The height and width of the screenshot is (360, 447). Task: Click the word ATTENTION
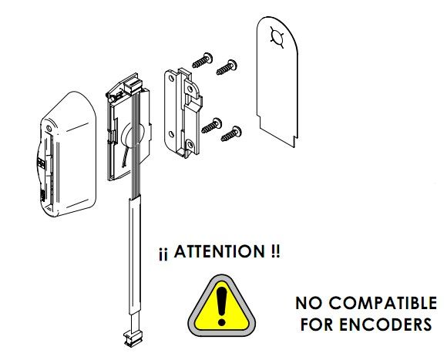coord(220,251)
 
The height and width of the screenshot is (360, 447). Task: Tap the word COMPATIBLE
coord(383,303)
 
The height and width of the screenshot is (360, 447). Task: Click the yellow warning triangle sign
coord(221,306)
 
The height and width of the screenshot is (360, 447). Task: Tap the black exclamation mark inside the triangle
coord(221,306)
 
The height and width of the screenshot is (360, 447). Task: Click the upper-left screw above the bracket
coord(203,60)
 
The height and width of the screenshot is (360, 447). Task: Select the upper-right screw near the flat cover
coord(227,67)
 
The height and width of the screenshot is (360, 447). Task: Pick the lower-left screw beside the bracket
coord(211,126)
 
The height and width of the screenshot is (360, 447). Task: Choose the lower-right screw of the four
coord(231,133)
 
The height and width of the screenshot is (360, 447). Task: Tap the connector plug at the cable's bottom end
coord(133,338)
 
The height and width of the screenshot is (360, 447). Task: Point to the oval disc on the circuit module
coord(133,136)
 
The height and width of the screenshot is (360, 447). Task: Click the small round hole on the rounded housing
coord(49,128)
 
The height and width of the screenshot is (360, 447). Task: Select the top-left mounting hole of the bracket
coord(171,79)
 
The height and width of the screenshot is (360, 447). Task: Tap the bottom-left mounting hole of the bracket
coord(171,134)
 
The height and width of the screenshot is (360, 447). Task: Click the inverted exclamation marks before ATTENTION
coord(163,254)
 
